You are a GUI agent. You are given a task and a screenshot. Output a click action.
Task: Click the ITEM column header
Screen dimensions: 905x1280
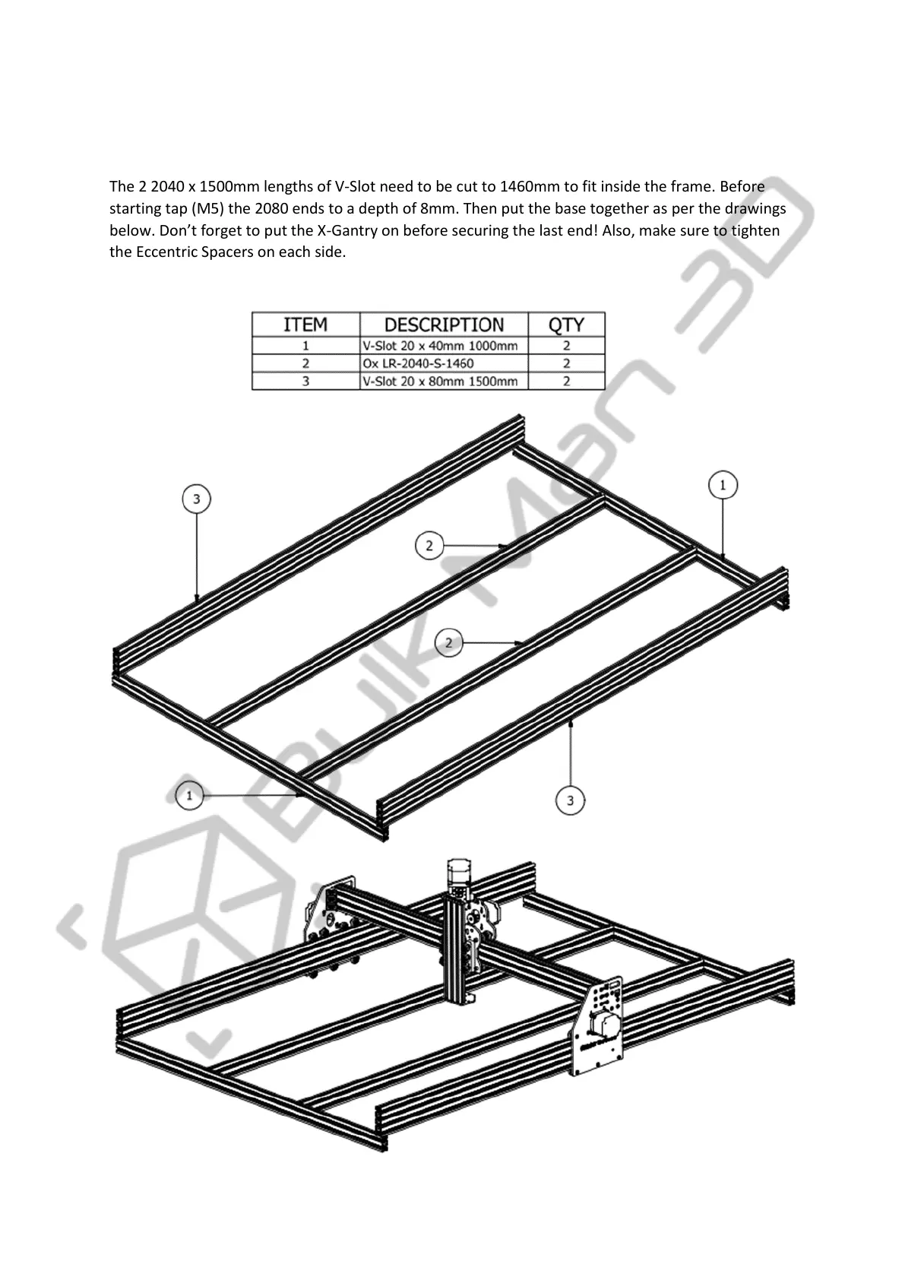coord(305,325)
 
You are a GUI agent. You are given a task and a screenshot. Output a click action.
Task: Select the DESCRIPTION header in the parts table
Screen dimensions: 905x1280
coord(444,325)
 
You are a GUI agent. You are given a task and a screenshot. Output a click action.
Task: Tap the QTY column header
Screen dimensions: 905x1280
coord(566,325)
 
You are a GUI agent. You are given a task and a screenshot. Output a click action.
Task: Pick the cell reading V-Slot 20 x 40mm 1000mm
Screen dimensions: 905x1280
coord(440,346)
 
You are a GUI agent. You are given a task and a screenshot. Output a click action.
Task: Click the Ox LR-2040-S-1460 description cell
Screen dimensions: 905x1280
coord(419,363)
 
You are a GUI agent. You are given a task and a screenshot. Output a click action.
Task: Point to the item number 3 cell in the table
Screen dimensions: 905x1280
coord(305,382)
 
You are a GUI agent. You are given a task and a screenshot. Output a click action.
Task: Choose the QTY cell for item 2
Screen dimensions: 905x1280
coord(566,363)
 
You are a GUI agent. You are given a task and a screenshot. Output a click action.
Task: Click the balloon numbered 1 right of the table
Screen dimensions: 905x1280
coord(723,485)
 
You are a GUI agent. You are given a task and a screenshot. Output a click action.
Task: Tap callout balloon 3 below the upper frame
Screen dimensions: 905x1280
coord(570,800)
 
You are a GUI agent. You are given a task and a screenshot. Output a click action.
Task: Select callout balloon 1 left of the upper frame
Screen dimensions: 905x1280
coord(189,795)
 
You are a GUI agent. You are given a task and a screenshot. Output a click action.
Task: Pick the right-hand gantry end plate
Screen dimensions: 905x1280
coord(600,1022)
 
